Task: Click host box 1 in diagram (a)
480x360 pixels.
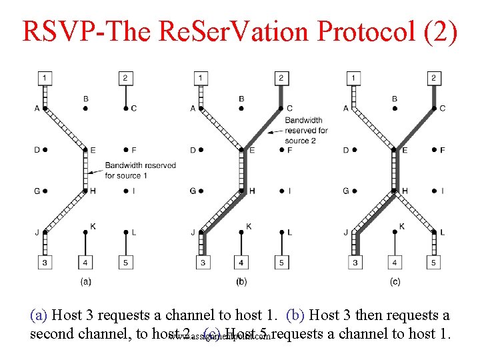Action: [45, 78]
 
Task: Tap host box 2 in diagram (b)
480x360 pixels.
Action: [281, 78]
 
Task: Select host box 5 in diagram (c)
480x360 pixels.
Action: [434, 263]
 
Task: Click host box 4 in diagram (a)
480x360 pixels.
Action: [85, 263]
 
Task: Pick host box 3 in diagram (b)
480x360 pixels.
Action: [203, 263]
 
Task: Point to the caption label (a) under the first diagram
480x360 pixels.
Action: [85, 281]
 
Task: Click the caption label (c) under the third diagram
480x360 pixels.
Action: [395, 281]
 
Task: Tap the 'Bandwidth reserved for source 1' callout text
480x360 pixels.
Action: [140, 170]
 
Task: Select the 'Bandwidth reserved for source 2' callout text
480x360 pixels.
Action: [306, 131]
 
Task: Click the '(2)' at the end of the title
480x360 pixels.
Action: [441, 31]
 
